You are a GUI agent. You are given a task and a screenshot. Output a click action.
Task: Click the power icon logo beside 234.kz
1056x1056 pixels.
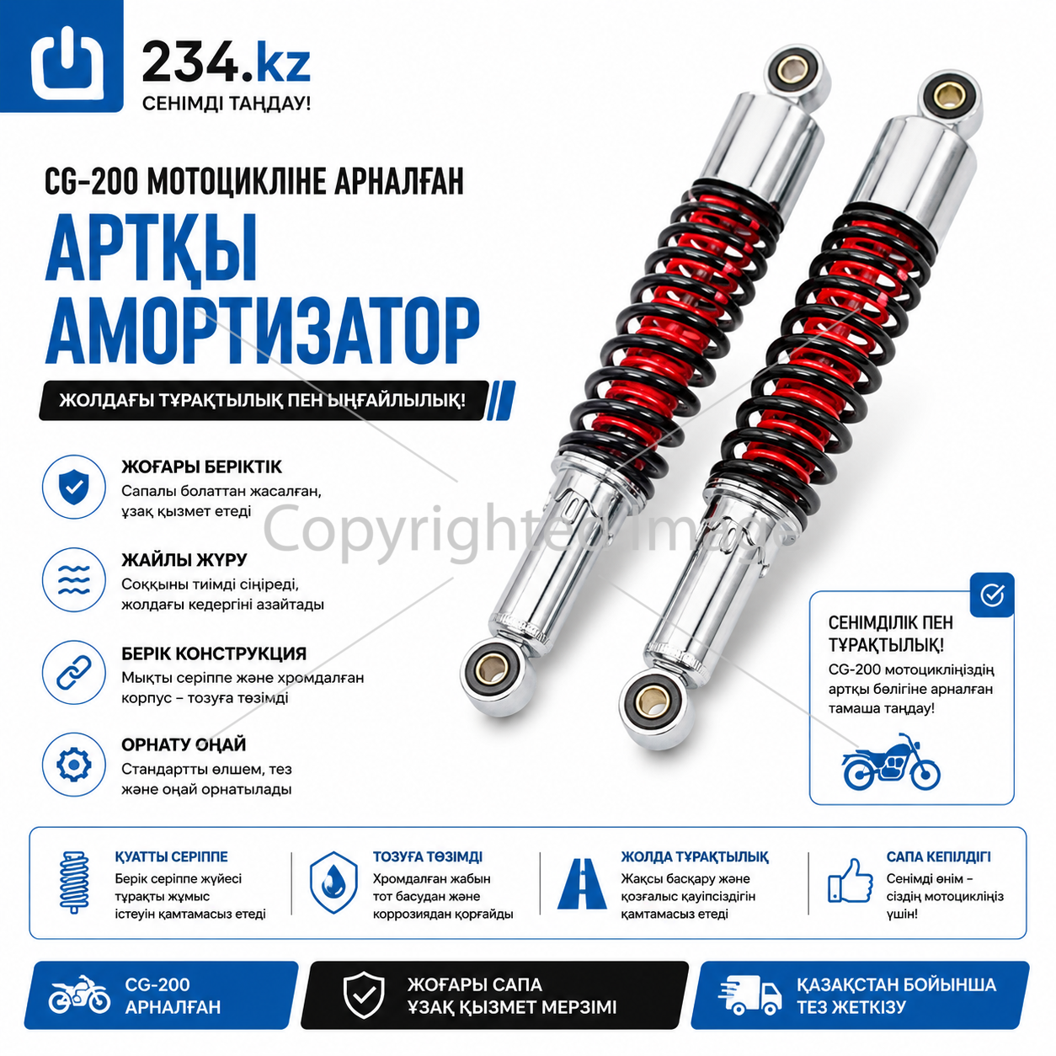click(67, 63)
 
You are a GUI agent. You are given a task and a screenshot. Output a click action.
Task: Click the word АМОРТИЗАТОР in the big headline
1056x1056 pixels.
click(263, 332)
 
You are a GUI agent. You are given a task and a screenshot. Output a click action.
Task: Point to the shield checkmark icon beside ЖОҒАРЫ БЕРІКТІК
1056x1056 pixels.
click(74, 487)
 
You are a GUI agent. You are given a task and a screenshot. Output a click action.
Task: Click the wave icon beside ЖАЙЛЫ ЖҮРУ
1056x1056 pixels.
click(74, 579)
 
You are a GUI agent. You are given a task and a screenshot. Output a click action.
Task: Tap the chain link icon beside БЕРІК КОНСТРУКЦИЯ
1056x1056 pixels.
click(74, 672)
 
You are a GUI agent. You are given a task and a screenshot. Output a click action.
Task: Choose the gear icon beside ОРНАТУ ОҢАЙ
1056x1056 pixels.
click(74, 765)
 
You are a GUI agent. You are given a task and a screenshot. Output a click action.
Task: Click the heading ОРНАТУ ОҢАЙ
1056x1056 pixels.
click(184, 744)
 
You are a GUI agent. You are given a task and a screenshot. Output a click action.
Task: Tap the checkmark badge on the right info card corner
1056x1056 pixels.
click(992, 595)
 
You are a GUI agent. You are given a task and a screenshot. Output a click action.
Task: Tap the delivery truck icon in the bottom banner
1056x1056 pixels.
click(750, 994)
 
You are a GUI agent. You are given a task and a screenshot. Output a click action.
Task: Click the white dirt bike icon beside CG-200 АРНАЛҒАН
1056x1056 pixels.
click(79, 994)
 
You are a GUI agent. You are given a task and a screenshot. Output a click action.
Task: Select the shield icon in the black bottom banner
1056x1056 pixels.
click(362, 994)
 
